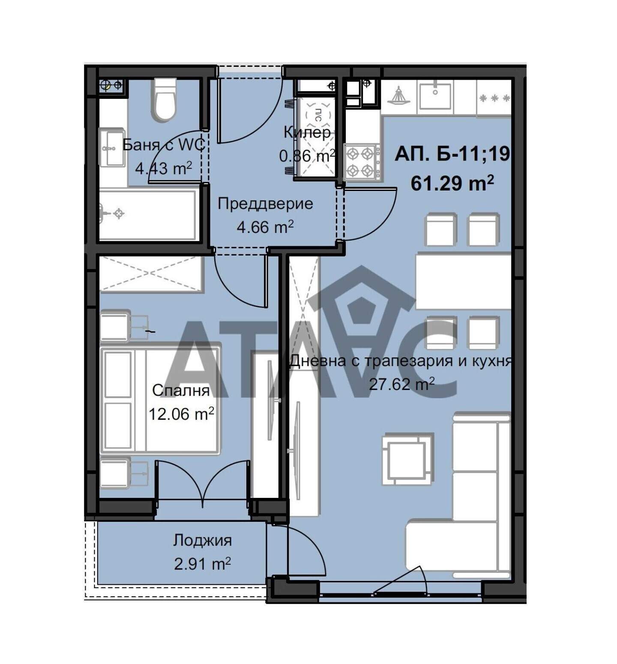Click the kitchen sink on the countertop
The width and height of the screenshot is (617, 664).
point(435,96)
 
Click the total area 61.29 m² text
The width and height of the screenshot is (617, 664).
point(452,183)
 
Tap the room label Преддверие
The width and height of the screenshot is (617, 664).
point(265,204)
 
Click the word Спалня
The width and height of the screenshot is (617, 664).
point(181,390)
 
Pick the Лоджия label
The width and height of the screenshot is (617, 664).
point(203,540)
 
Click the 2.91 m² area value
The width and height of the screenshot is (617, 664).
point(203,564)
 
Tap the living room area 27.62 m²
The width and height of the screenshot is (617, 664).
point(402,384)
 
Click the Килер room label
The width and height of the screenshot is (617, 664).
point(307,132)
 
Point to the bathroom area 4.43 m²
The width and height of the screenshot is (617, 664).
point(163,168)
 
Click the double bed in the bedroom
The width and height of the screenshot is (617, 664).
point(160,400)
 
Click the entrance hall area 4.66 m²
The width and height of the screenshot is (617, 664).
point(265,227)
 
